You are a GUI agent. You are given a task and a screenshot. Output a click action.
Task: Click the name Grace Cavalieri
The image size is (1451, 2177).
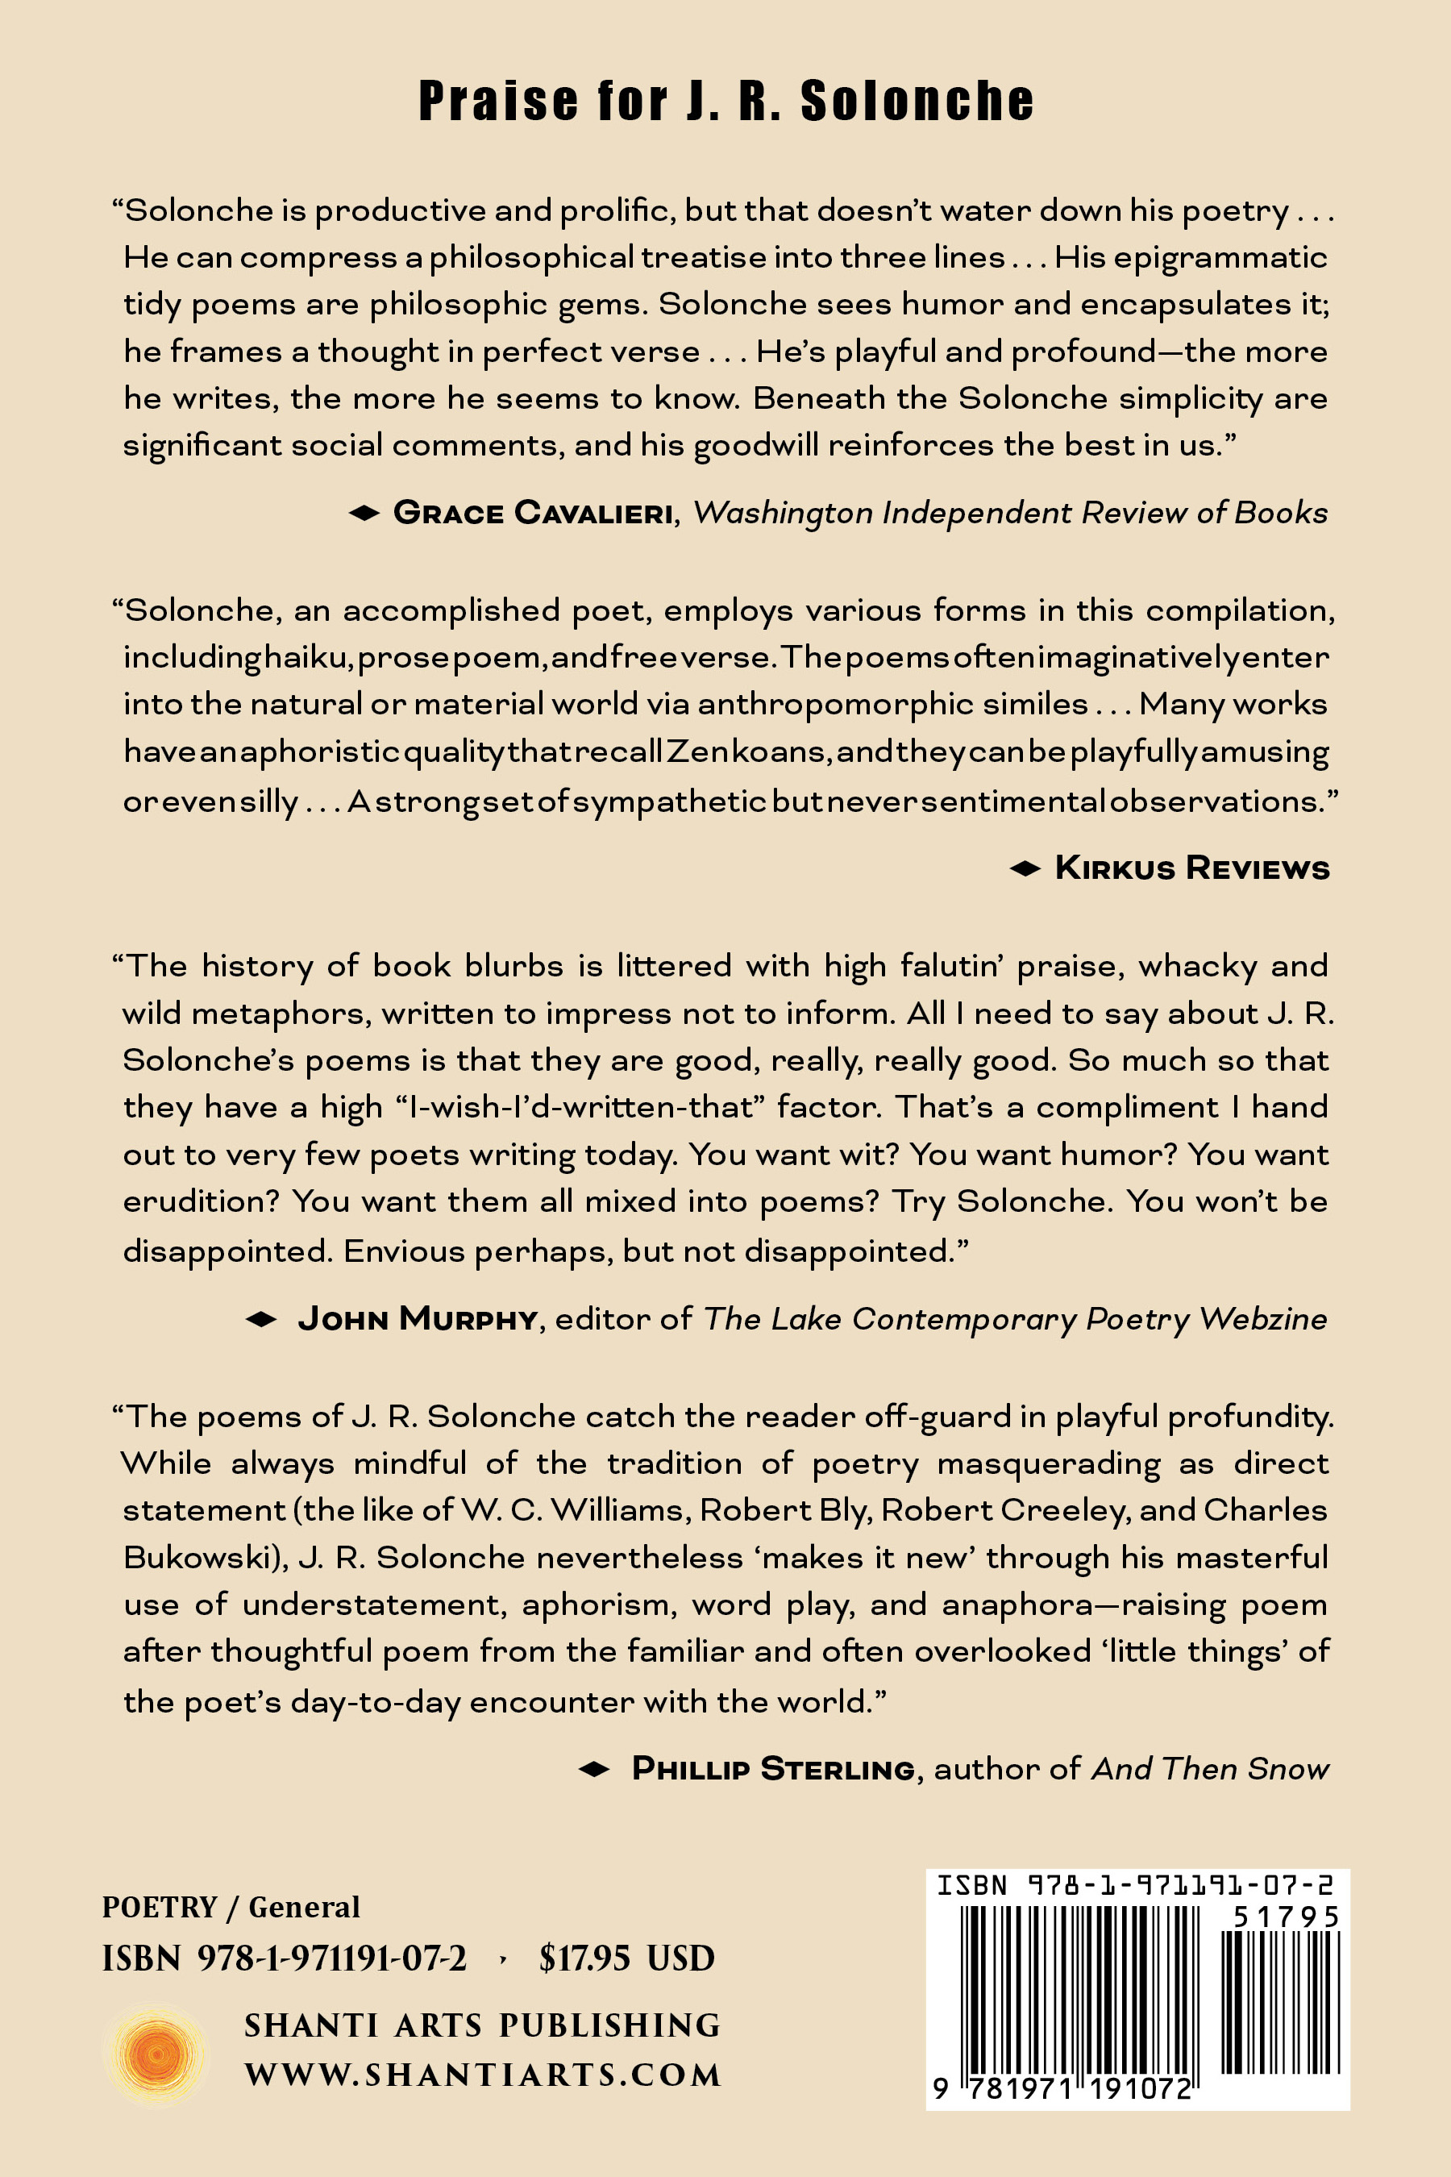[533, 512]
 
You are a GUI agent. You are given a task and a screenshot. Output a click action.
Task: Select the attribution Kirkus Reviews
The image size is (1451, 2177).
[1192, 868]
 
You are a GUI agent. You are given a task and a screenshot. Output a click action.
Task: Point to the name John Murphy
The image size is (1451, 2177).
[418, 1318]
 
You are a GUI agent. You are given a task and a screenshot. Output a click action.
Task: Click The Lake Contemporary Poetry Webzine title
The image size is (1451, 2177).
[1015, 1318]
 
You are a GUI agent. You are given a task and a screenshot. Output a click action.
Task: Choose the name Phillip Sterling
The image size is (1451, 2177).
[773, 1768]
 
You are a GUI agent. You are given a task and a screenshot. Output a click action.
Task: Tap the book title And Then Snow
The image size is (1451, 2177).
[1211, 1768]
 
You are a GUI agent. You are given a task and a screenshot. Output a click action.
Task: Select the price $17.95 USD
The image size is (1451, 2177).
[626, 1958]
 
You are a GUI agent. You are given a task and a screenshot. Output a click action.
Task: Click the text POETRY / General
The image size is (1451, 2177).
[231, 1907]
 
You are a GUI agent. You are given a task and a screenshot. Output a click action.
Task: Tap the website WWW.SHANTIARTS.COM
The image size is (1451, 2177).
[482, 2075]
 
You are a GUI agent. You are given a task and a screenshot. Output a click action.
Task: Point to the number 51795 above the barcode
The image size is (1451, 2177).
[1286, 1917]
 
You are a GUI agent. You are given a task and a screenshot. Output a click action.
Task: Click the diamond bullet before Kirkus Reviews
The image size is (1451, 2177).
[1025, 868]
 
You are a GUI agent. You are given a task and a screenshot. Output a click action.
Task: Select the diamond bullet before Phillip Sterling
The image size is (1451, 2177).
[594, 1769]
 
